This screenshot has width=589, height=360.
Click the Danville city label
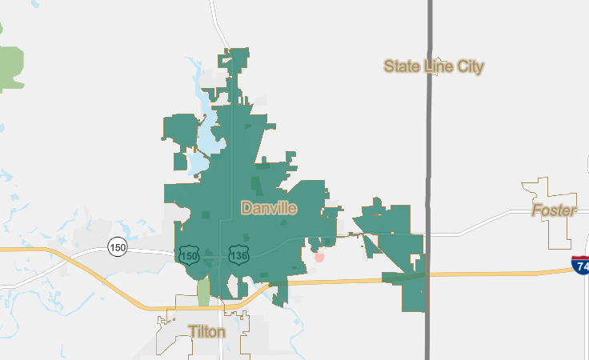(269, 209)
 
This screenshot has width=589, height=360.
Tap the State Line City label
(433, 66)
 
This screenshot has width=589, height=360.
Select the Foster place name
(554, 210)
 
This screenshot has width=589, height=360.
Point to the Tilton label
(206, 330)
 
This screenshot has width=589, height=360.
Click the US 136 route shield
(238, 255)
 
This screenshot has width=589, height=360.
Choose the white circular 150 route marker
(118, 247)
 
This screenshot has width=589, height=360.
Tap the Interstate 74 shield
(580, 266)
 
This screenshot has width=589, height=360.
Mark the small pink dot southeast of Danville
(319, 257)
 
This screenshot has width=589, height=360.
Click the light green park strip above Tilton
(203, 291)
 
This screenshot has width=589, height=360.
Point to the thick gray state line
(429, 120)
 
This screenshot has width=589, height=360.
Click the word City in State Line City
(470, 66)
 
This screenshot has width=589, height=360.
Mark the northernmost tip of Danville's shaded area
(236, 51)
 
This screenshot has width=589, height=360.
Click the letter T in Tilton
(192, 330)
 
